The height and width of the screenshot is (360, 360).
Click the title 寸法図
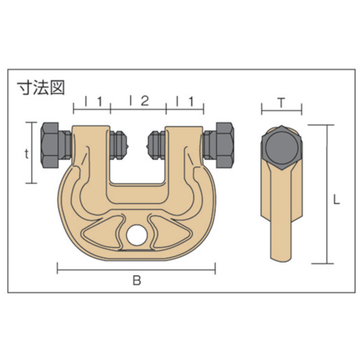41,88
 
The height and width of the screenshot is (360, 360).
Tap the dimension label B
137,280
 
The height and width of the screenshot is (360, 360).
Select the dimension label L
337,200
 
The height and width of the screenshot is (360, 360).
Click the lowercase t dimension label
27,154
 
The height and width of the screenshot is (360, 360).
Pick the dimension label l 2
140,101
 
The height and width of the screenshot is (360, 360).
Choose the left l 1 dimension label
94,101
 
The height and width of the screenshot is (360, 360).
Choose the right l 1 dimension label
185,101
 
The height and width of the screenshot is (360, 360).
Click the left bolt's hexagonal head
50,145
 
